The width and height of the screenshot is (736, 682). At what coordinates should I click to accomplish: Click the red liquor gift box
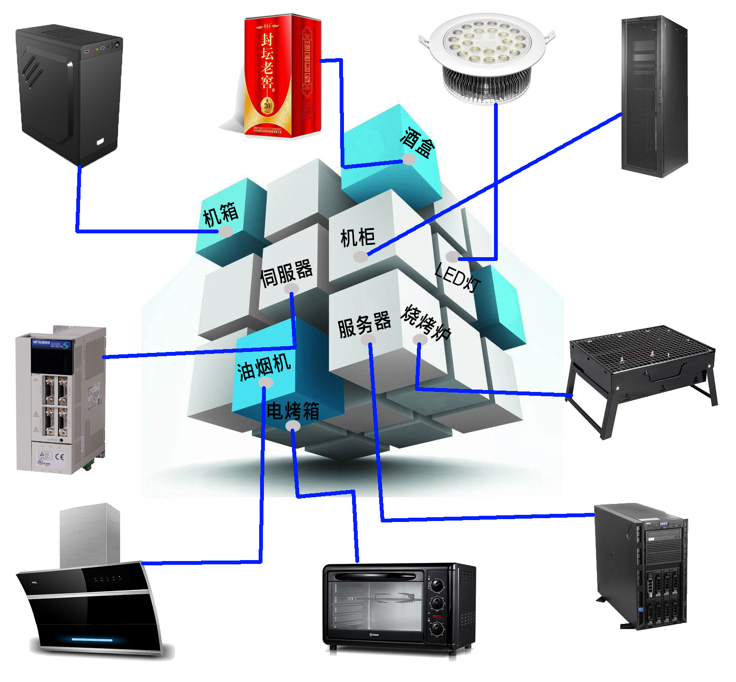point(282,76)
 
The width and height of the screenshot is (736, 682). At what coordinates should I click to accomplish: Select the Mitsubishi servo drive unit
point(61,400)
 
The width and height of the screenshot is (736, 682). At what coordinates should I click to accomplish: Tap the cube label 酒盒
point(417,141)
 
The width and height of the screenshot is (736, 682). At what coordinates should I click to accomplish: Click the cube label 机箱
point(221,214)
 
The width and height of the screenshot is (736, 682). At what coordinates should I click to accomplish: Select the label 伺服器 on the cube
point(286,272)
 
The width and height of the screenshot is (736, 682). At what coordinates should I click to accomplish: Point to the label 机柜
point(357,237)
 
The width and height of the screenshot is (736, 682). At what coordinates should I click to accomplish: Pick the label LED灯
point(457,277)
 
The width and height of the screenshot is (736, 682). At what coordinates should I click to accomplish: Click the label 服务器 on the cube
point(364,324)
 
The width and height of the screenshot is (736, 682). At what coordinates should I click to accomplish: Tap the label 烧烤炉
point(425,322)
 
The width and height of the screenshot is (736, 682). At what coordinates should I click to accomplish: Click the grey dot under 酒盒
point(409,159)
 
